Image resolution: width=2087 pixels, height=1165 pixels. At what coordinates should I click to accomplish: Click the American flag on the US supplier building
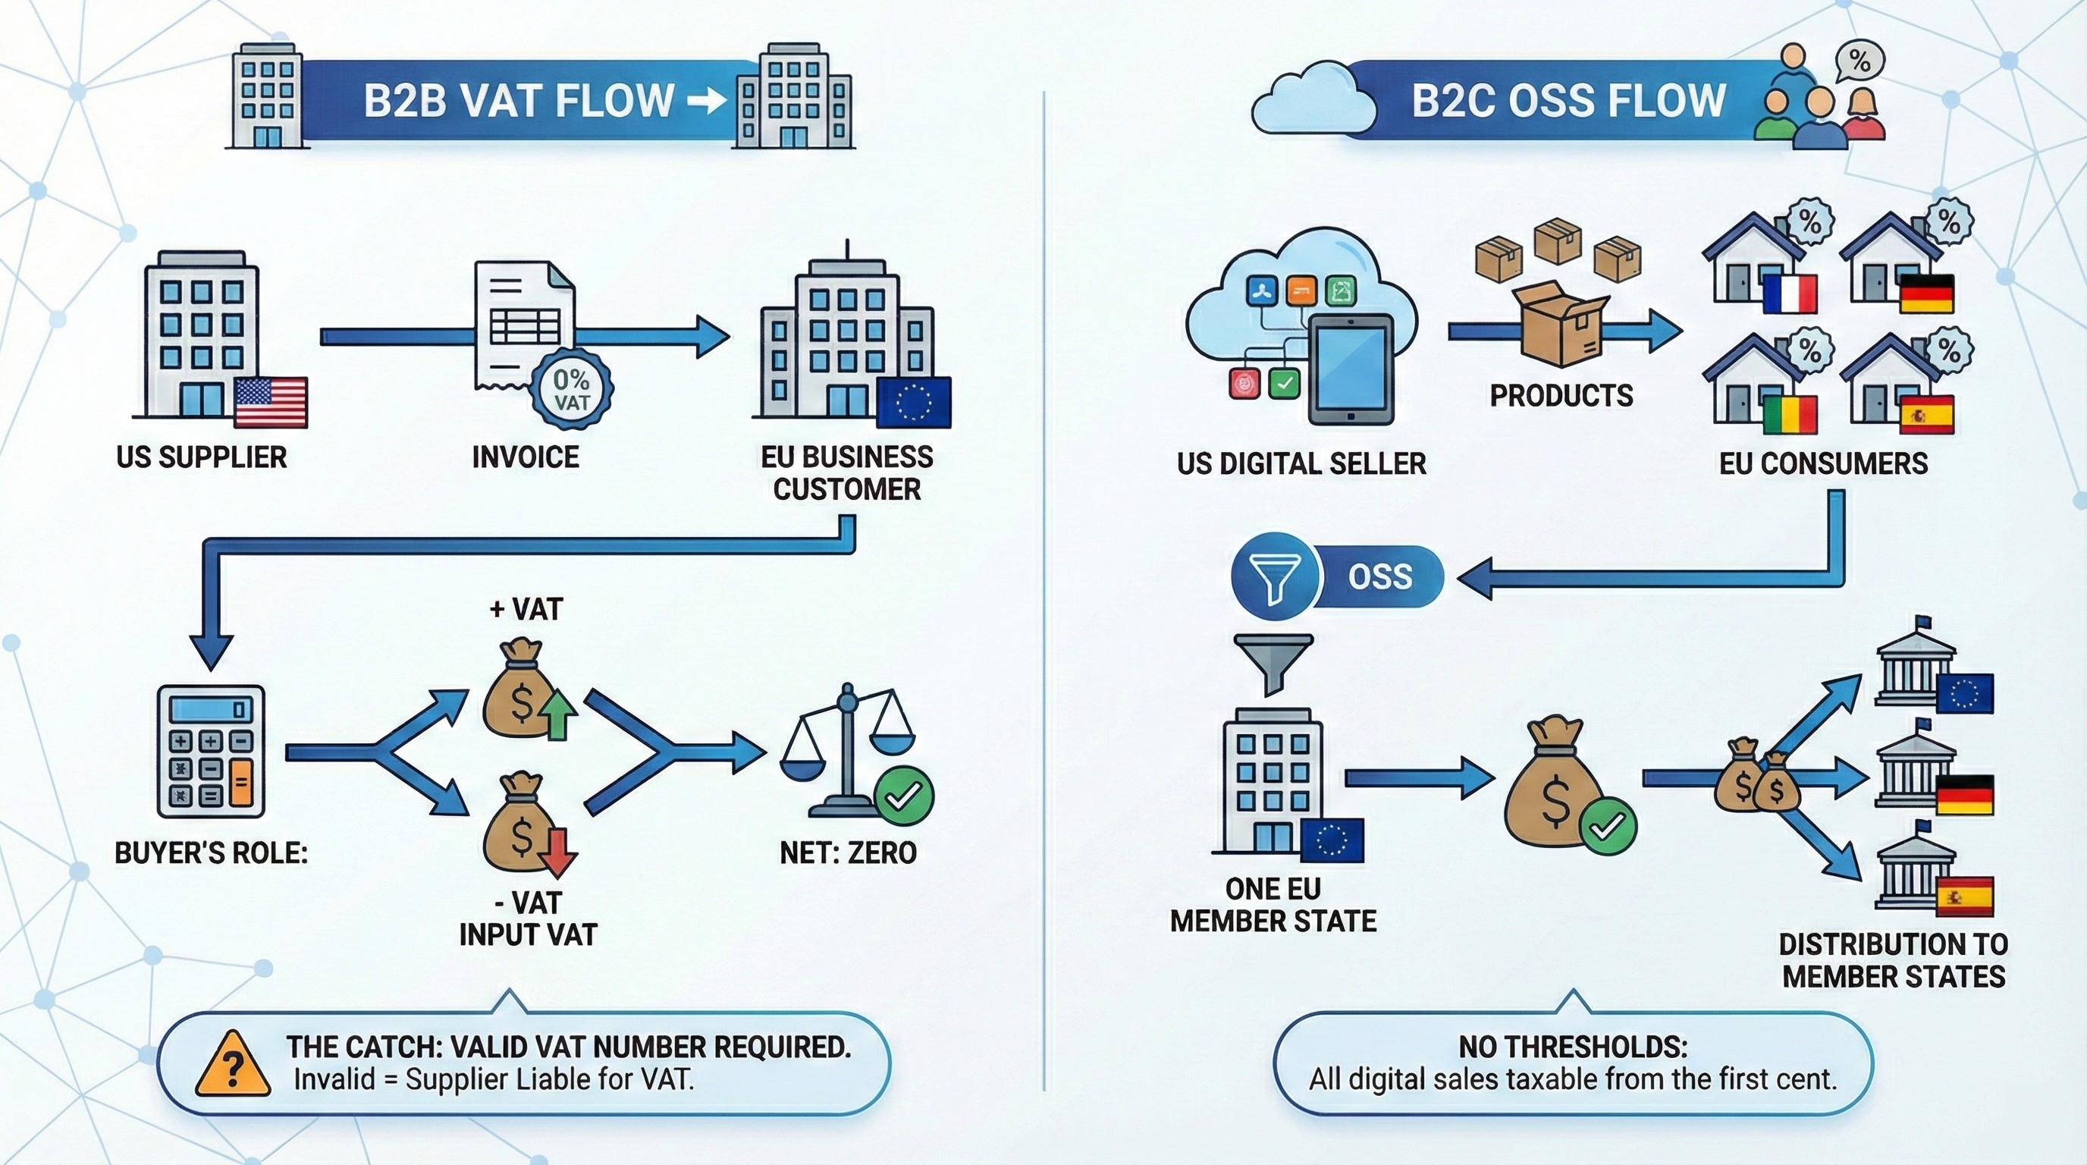[x=271, y=403]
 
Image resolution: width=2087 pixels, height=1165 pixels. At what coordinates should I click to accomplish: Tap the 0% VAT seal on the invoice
[x=571, y=390]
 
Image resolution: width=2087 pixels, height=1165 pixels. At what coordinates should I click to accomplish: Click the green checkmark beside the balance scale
[x=904, y=795]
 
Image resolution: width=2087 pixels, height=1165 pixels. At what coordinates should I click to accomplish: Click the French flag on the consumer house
[x=1790, y=294]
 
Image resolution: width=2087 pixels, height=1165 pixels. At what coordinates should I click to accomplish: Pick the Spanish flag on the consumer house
[x=1928, y=415]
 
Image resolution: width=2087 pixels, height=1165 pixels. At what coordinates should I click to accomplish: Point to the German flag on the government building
[x=1965, y=796]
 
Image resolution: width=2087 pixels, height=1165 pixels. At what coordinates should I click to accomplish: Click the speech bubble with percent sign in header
[x=1859, y=61]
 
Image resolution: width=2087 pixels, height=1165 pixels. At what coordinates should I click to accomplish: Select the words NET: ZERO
[x=847, y=853]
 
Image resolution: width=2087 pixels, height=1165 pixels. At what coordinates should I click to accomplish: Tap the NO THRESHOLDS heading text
[x=1574, y=1047]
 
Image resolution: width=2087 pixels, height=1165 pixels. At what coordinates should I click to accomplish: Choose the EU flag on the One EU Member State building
[x=1332, y=840]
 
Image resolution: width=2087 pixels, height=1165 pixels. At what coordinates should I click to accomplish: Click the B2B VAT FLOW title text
[x=519, y=100]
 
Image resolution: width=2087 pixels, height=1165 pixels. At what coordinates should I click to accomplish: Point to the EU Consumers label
[x=1823, y=463]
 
